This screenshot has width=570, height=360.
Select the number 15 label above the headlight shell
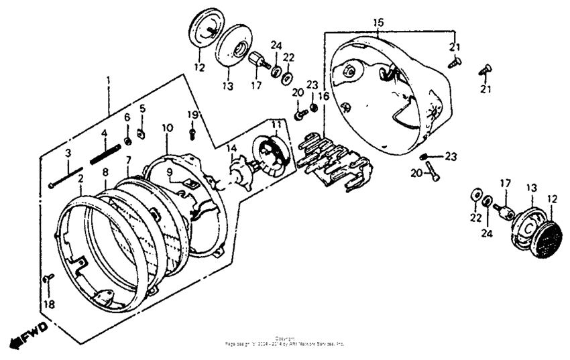(378, 23)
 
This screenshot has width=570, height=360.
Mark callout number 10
(168, 127)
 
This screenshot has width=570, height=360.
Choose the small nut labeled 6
(127, 141)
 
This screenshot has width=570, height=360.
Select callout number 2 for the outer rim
(80, 179)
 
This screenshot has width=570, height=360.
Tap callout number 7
(127, 162)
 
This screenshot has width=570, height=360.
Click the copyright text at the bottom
(284, 341)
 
